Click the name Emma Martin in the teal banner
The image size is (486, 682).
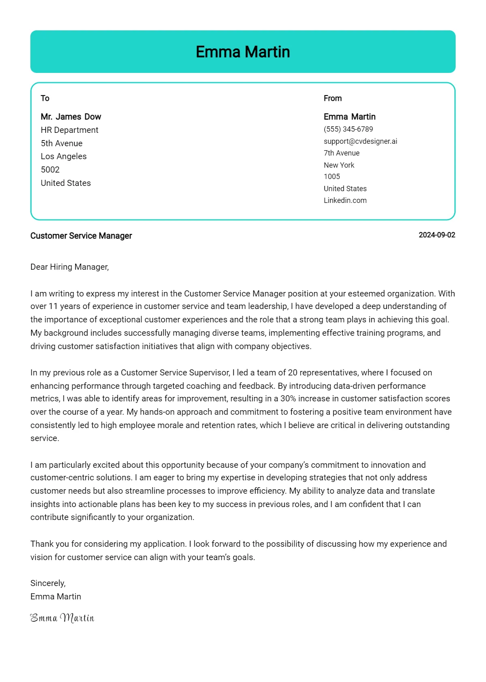243,52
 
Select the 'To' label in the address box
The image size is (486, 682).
45,98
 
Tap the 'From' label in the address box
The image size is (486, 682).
333,98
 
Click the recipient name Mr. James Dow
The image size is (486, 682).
71,117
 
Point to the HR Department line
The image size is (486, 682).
69,130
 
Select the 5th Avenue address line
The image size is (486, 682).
62,143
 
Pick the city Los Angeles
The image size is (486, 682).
64,156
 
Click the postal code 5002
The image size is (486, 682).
50,170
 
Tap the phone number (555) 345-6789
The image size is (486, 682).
348,129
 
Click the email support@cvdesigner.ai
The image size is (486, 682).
360,141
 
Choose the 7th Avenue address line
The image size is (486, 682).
341,153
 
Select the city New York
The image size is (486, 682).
339,165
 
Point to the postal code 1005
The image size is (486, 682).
332,177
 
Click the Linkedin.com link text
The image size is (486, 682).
345,200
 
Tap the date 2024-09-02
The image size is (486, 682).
437,235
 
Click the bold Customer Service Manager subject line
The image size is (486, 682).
81,236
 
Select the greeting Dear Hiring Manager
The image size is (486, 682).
69,267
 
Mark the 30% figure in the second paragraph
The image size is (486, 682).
288,399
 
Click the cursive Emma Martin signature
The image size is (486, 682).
62,618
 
